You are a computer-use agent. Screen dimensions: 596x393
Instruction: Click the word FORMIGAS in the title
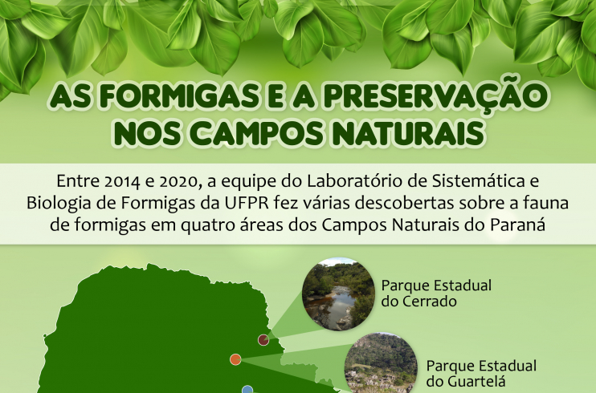pyautogui.click(x=178, y=96)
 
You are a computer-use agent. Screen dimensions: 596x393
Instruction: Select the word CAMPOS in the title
pyautogui.click(x=256, y=134)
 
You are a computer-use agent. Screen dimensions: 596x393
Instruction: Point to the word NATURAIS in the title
pyautogui.click(x=410, y=134)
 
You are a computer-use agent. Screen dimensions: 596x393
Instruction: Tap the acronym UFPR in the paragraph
pyautogui.click(x=247, y=203)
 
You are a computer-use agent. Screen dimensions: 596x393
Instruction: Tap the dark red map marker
pyautogui.click(x=263, y=340)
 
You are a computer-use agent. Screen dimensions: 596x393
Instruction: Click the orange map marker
pyautogui.click(x=235, y=359)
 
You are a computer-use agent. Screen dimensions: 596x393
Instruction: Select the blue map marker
pyautogui.click(x=247, y=389)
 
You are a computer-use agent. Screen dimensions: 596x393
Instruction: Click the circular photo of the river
pyautogui.click(x=338, y=294)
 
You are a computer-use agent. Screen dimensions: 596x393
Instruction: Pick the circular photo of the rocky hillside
pyautogui.click(x=381, y=364)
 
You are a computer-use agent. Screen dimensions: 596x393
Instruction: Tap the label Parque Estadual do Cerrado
pyautogui.click(x=436, y=293)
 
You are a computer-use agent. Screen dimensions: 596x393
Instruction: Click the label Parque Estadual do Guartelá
pyautogui.click(x=481, y=373)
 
